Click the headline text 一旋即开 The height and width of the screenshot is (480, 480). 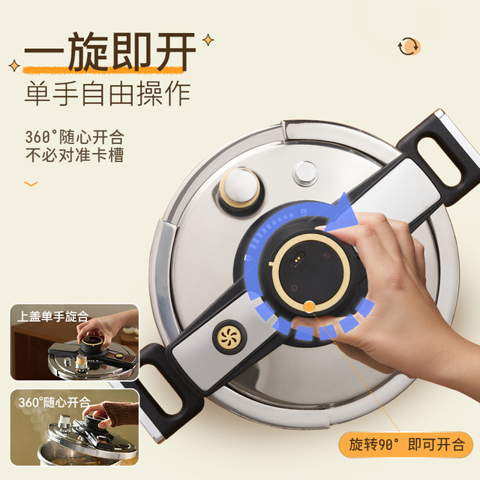[109, 51]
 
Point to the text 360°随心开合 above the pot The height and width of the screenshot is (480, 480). [73, 138]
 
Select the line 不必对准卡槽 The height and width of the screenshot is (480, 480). [73, 156]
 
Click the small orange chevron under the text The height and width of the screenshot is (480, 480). [31, 184]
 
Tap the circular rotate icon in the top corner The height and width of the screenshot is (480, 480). [409, 46]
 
